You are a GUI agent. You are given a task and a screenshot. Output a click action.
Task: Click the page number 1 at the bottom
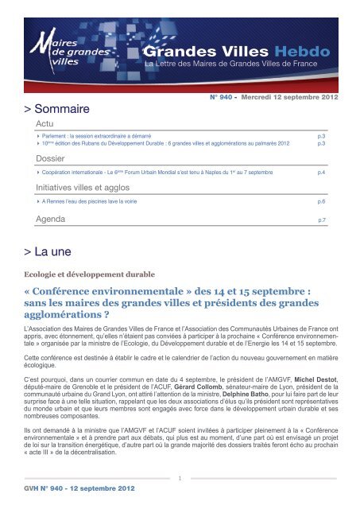pyautogui.click(x=180, y=478)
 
